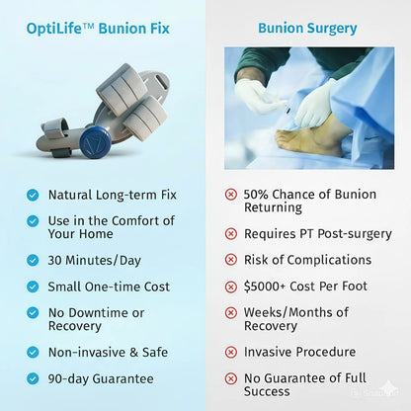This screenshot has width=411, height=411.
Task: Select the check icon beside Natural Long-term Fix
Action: [34, 196]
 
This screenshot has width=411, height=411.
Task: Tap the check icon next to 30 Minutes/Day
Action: [34, 261]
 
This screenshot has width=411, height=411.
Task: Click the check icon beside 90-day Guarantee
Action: [34, 377]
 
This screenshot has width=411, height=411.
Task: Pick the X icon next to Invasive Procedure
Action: [231, 352]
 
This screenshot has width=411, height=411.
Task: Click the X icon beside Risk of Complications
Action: [231, 260]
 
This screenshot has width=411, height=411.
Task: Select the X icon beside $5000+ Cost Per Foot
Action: [231, 287]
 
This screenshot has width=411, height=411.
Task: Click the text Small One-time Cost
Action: [109, 287]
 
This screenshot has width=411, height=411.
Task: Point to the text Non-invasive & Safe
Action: [108, 352]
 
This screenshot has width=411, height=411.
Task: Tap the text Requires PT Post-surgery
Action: [318, 234]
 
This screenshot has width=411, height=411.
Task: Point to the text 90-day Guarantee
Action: [101, 377]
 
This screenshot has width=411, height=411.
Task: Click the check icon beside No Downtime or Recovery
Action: [34, 313]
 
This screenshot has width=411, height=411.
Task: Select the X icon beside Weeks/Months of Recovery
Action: [231, 313]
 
